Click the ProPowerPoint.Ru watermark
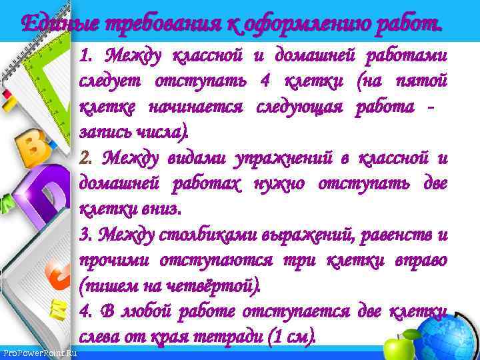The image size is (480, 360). click(39, 352)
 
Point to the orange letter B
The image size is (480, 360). click(30, 149)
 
